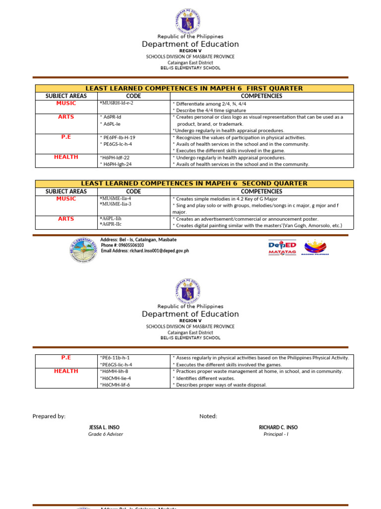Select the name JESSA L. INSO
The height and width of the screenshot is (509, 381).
click(x=104, y=427)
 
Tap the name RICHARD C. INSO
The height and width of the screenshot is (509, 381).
click(x=278, y=427)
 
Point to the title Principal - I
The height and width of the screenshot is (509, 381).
click(x=276, y=434)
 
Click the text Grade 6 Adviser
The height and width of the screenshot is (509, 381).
click(x=105, y=434)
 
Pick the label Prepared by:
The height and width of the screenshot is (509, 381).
click(x=49, y=416)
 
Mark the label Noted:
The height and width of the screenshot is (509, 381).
click(x=208, y=416)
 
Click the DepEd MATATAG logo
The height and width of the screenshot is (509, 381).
click(x=282, y=247)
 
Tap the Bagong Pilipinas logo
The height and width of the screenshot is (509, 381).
click(x=315, y=247)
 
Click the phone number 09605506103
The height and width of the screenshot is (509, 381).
click(x=129, y=245)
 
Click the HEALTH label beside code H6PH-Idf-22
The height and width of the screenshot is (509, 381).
click(x=66, y=157)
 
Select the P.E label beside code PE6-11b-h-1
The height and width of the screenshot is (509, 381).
click(x=66, y=357)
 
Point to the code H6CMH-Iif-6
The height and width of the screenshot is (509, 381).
click(x=115, y=385)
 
